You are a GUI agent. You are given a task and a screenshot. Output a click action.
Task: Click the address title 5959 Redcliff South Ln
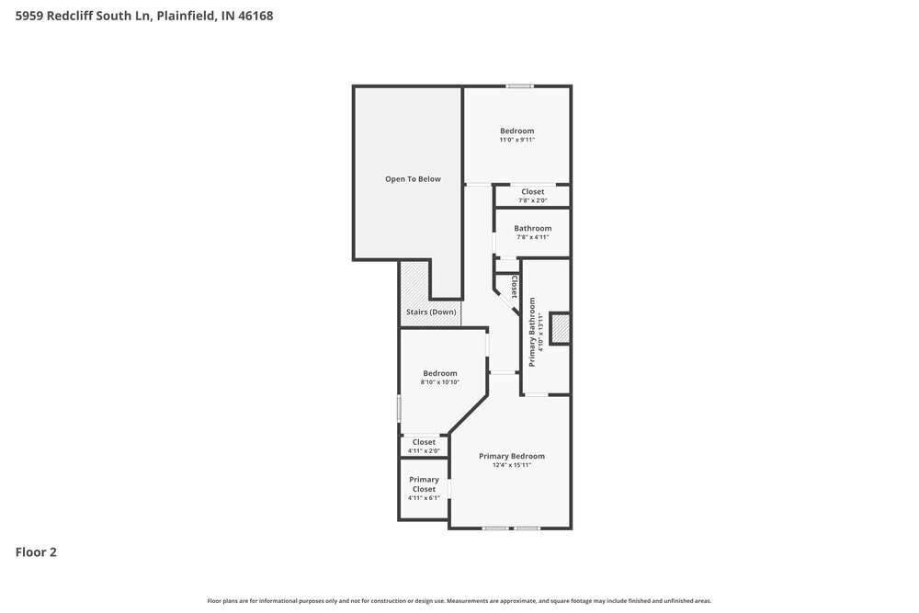[x=144, y=16]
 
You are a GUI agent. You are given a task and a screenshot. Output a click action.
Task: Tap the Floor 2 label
[x=36, y=552]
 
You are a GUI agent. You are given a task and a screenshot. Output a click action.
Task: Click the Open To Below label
[x=413, y=179]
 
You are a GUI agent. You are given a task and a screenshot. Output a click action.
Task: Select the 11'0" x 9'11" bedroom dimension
[x=516, y=141]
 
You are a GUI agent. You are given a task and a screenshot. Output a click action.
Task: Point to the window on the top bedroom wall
[x=519, y=86]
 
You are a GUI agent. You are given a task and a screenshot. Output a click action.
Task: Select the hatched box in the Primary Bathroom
[x=560, y=328]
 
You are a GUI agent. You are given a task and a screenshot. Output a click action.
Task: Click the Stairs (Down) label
[x=431, y=312]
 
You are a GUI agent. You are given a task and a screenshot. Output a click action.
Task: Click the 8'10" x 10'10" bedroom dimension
[x=439, y=382]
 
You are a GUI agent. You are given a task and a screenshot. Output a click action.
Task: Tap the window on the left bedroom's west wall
[x=399, y=408]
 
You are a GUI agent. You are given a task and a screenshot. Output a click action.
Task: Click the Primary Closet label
[x=424, y=484]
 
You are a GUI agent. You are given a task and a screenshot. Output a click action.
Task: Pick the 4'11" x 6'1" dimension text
[x=424, y=498]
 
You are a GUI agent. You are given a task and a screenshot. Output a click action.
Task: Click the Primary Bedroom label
[x=511, y=456]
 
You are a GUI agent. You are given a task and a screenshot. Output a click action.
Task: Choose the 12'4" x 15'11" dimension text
[x=511, y=465]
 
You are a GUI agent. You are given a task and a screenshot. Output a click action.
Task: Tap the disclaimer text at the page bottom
[x=459, y=600]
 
